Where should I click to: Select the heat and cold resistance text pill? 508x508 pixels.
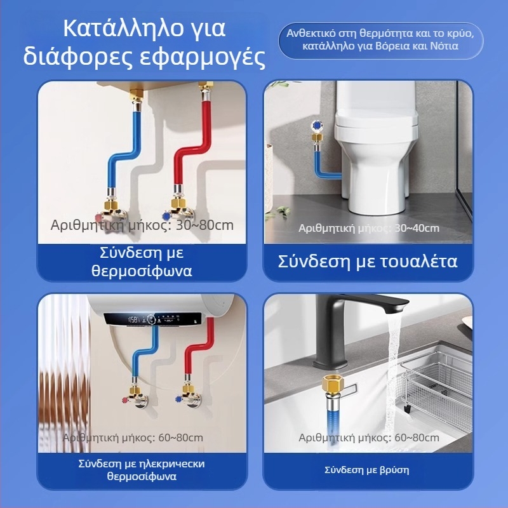pos(381,39)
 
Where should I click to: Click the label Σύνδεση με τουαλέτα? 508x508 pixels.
pos(368,262)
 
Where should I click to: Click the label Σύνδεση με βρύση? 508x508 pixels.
pos(367,471)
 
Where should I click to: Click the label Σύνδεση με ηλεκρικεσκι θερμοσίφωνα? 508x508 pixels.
pos(142,470)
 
